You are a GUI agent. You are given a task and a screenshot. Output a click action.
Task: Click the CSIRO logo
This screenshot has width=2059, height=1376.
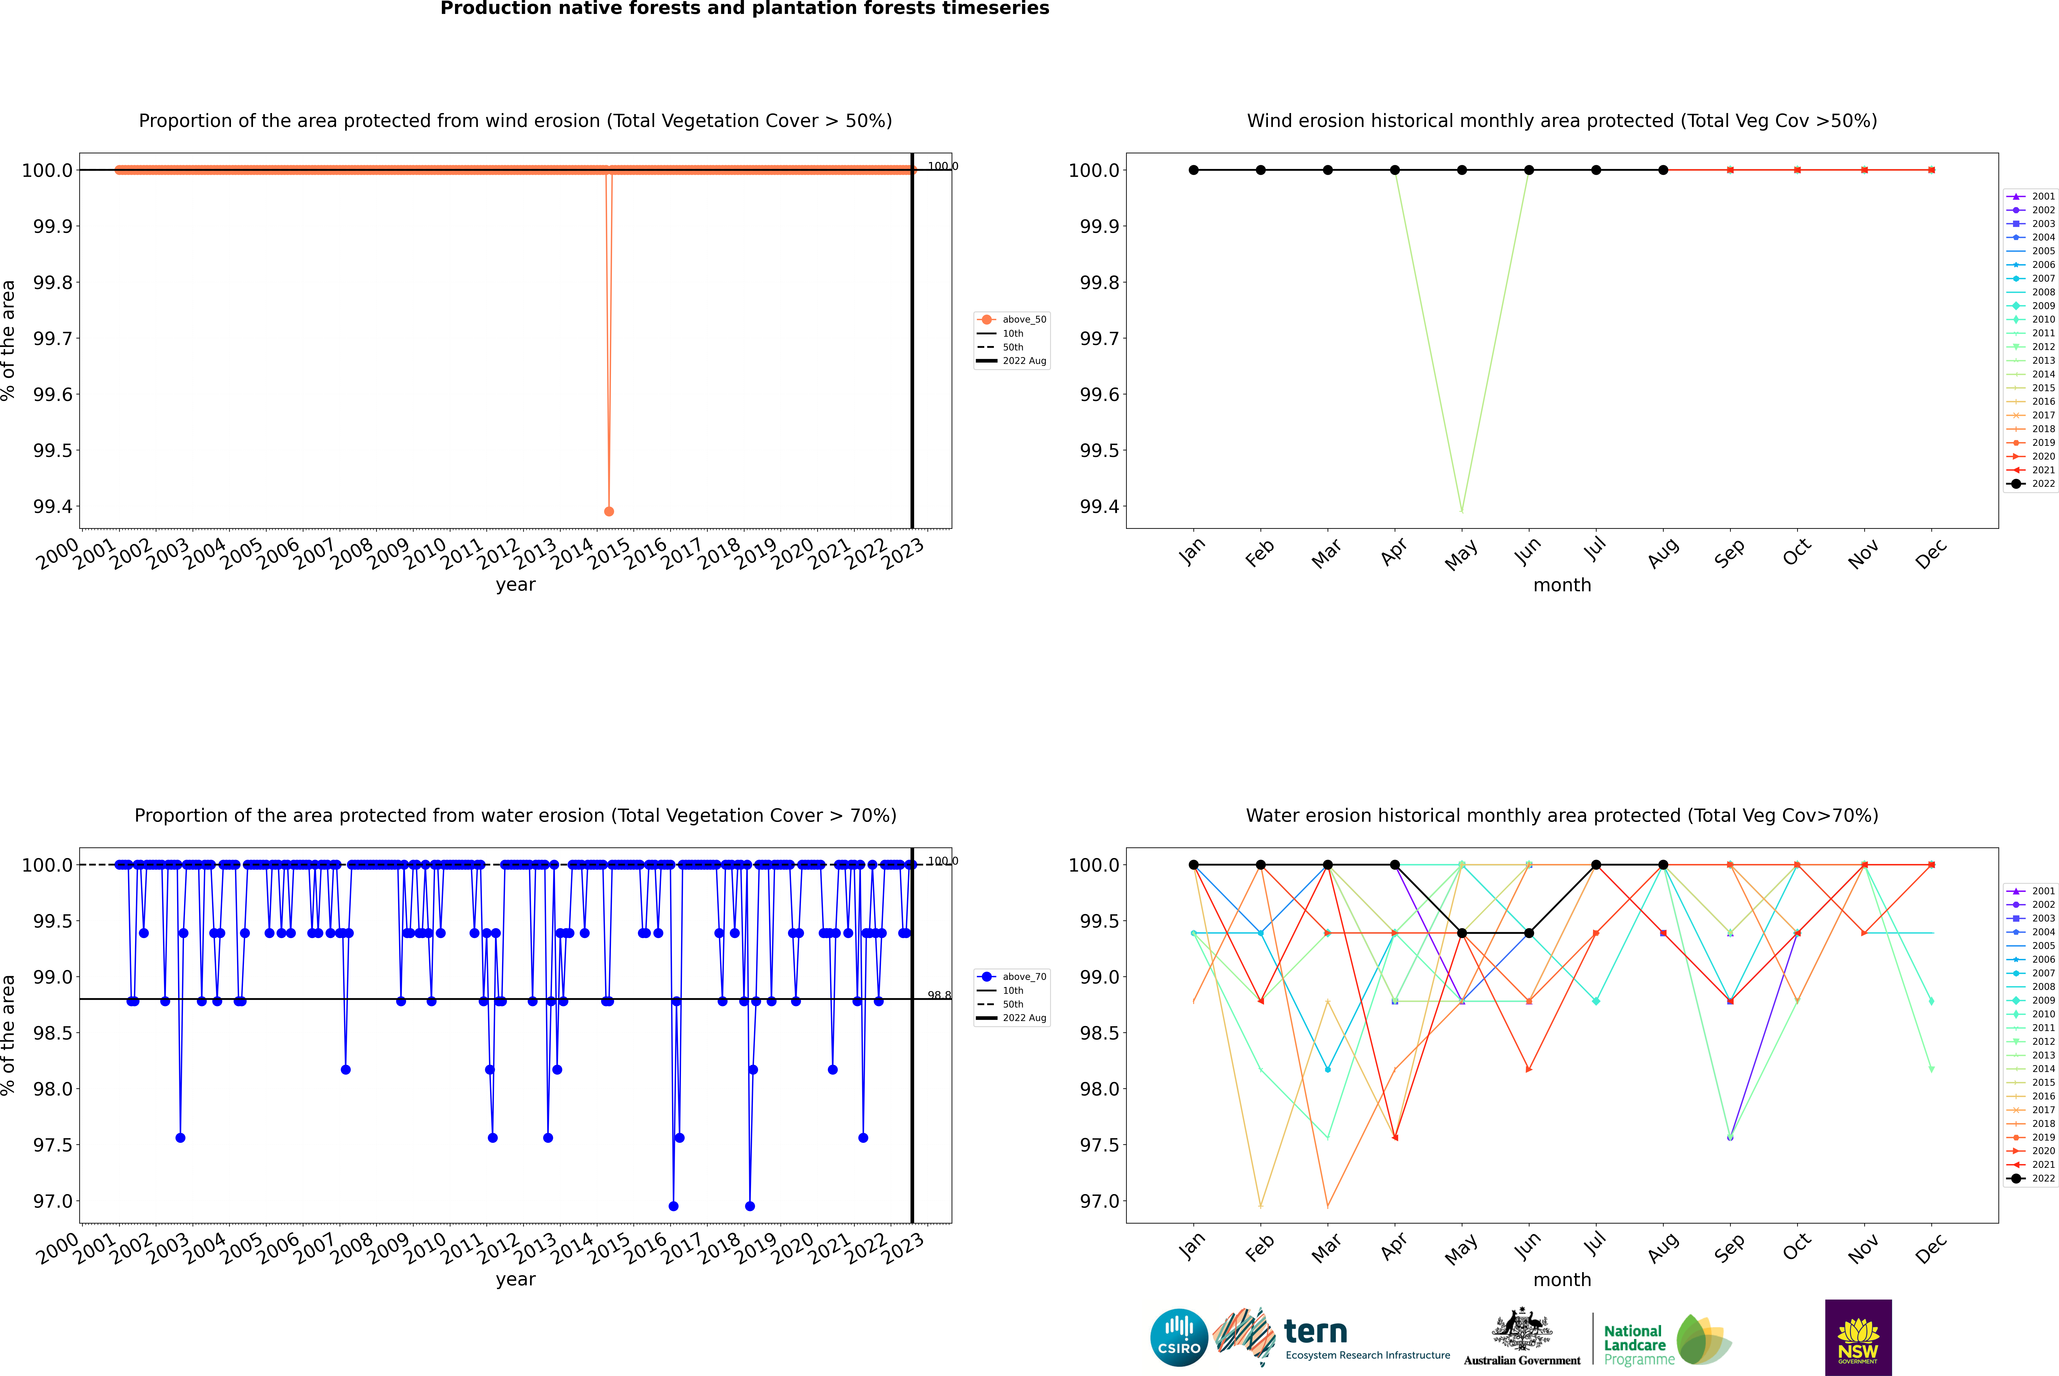click(x=1179, y=1337)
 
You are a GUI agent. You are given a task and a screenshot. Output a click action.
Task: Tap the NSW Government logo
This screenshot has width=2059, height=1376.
click(x=1858, y=1337)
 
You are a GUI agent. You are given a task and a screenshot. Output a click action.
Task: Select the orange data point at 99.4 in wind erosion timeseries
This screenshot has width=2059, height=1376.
click(x=609, y=511)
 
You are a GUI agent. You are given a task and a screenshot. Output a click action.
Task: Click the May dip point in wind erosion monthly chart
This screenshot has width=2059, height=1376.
click(x=1461, y=510)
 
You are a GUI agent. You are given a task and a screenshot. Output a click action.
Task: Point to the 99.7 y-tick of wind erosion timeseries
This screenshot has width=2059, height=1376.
click(x=53, y=339)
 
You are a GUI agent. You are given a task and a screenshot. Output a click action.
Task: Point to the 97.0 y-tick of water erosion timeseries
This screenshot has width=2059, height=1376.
click(x=53, y=1201)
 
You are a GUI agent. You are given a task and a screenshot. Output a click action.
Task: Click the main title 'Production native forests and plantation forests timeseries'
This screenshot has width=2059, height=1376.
click(x=744, y=9)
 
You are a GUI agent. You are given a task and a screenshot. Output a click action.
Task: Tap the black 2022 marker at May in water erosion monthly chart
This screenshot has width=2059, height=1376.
click(x=1461, y=933)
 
